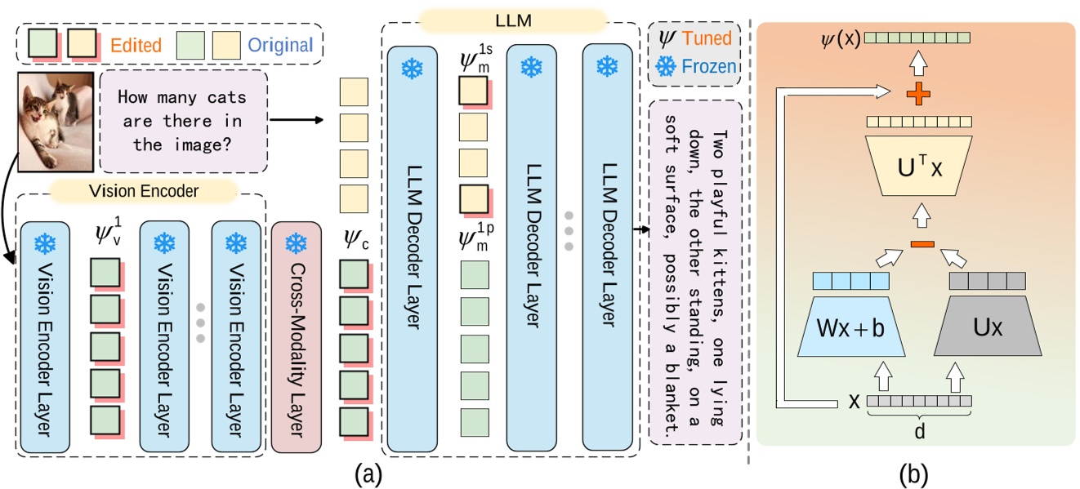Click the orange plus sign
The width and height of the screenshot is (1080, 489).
pyautogui.click(x=918, y=96)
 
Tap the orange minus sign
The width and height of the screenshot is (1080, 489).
pyautogui.click(x=920, y=242)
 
